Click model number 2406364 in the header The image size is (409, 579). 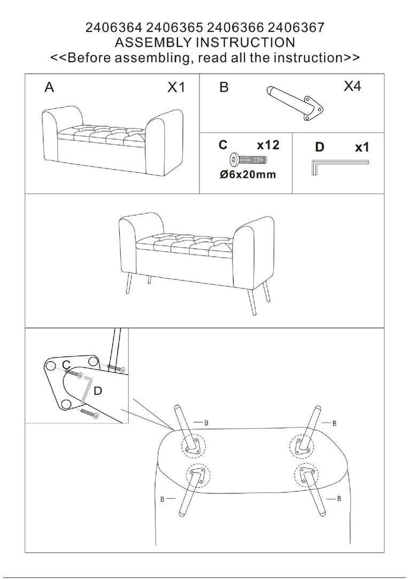(113, 28)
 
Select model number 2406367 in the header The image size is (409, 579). (296, 28)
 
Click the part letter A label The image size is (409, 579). (49, 88)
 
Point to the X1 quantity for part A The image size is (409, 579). (176, 88)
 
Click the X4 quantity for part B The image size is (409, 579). (352, 86)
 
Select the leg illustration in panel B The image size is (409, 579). (295, 104)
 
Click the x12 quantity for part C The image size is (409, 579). (268, 145)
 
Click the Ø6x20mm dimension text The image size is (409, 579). (248, 174)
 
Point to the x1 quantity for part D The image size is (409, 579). (362, 148)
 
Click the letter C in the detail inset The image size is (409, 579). (66, 365)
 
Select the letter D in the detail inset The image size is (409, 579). (98, 391)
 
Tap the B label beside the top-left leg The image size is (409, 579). (206, 423)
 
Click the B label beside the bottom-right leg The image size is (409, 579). (339, 499)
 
